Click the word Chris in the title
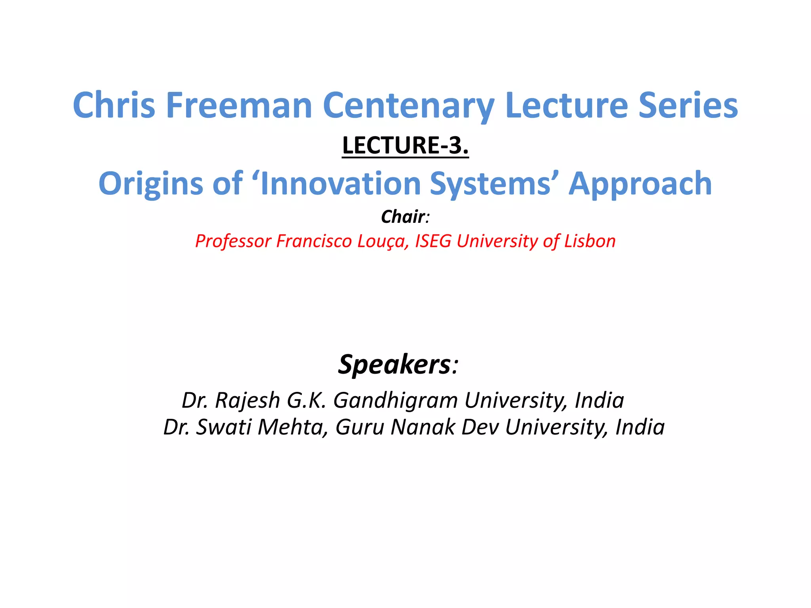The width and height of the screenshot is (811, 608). (x=114, y=105)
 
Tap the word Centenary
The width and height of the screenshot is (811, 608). (x=408, y=106)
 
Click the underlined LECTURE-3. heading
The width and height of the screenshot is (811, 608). (x=405, y=145)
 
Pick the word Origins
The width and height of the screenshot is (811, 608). (x=151, y=184)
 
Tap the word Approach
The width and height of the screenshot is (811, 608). (x=640, y=184)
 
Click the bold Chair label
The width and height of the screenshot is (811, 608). (x=403, y=217)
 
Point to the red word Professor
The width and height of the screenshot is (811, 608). (x=233, y=241)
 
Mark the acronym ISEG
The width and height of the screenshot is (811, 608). (x=433, y=241)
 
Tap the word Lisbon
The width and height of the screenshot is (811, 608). (x=590, y=241)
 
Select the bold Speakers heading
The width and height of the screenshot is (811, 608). (x=394, y=364)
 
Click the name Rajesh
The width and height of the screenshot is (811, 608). (x=247, y=400)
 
